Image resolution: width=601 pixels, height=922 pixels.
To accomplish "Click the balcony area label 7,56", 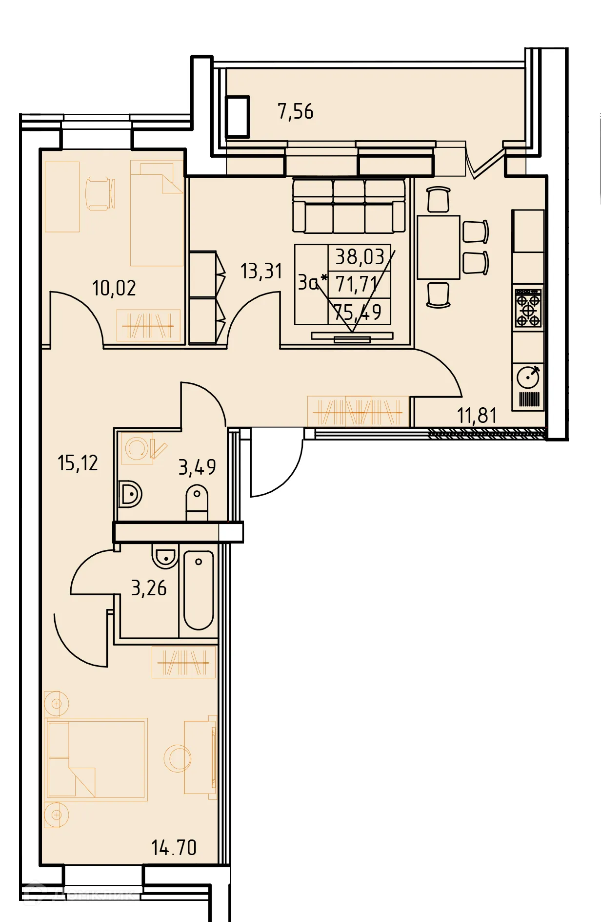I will click(x=295, y=111).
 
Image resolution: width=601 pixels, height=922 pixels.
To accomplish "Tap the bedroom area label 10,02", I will click(x=114, y=288).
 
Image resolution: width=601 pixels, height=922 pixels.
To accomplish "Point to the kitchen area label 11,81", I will click(x=477, y=415).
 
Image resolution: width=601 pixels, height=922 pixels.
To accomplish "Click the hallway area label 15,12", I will click(x=78, y=462).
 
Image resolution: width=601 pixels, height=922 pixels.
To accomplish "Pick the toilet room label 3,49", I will click(x=197, y=467).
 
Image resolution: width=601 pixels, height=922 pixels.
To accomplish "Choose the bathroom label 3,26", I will click(x=149, y=588).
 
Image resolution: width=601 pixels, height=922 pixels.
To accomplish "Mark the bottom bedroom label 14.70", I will click(x=174, y=847).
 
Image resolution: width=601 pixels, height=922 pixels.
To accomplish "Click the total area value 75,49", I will click(x=358, y=312).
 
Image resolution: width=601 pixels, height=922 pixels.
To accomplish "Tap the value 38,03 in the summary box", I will click(x=360, y=257).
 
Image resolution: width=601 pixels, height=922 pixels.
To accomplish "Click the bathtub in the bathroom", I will click(x=199, y=591).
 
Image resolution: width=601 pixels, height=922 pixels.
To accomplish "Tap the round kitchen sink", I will click(x=528, y=377).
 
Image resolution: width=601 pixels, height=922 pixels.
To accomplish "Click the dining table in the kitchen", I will click(x=438, y=247).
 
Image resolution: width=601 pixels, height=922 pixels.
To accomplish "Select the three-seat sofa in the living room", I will click(x=349, y=205).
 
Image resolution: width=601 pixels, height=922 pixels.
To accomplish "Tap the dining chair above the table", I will click(x=438, y=199).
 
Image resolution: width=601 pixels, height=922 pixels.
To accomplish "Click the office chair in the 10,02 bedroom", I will click(x=100, y=194).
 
